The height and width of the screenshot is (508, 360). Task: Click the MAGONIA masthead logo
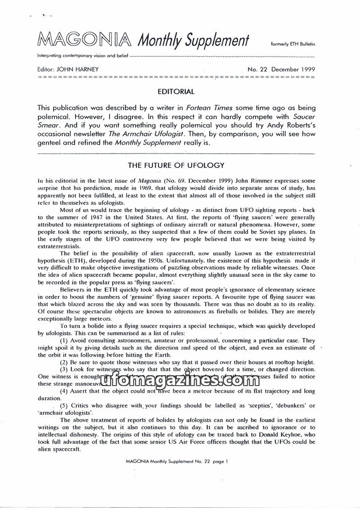click(x=85, y=40)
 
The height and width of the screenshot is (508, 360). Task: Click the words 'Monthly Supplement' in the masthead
click(x=193, y=41)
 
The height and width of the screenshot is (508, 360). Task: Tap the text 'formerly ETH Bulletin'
click(x=292, y=45)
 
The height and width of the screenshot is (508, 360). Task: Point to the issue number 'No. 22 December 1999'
click(x=281, y=69)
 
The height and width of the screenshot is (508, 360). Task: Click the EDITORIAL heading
click(x=176, y=92)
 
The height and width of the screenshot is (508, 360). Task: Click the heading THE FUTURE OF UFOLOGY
click(x=176, y=166)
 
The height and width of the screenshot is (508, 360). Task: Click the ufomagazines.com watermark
click(x=176, y=382)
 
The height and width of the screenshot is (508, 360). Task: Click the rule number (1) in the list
click(x=65, y=340)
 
